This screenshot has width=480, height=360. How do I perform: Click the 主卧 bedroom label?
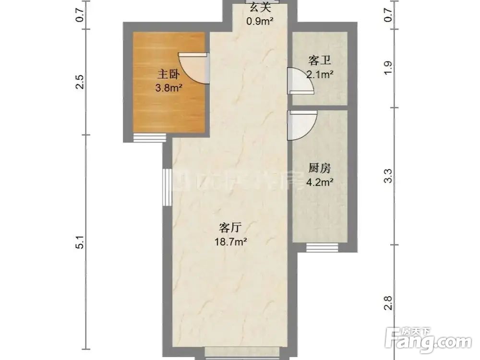[x=167, y=75]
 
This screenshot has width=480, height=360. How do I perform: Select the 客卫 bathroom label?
[x=320, y=60]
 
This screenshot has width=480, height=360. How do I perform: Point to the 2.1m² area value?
[x=320, y=74]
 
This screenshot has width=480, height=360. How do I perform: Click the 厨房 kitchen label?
[x=320, y=168]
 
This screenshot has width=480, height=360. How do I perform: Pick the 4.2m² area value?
[x=320, y=182]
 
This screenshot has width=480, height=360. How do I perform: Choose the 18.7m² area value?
[x=231, y=242]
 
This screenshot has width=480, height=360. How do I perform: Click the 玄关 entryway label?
[x=260, y=7]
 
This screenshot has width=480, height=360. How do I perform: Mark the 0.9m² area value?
[x=260, y=21]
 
